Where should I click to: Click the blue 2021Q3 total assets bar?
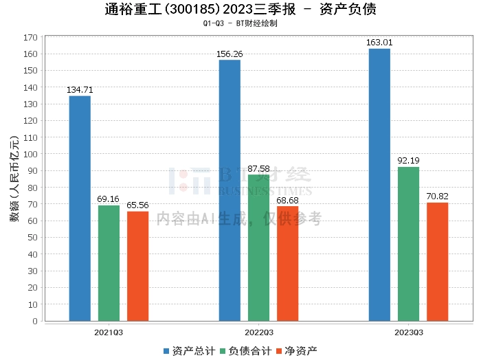pyautogui.click(x=80, y=208)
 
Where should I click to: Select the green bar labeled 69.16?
pyautogui.click(x=109, y=263)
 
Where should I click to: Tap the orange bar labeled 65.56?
pyautogui.click(x=137, y=266)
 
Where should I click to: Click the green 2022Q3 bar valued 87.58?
pyautogui.click(x=258, y=247)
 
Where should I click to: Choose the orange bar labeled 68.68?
pyautogui.click(x=287, y=263)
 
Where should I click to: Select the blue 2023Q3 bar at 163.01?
pyautogui.click(x=379, y=185)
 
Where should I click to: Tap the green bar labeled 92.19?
pyautogui.click(x=408, y=244)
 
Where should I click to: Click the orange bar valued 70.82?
pyautogui.click(x=437, y=262)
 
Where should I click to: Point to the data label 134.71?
pyautogui.click(x=80, y=90)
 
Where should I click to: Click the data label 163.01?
pyautogui.click(x=379, y=43)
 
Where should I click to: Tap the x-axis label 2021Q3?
pyautogui.click(x=109, y=332)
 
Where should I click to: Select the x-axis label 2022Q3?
pyautogui.click(x=258, y=332)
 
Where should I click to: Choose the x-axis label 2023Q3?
pyautogui.click(x=408, y=332)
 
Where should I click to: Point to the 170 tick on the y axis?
pyautogui.click(x=30, y=37)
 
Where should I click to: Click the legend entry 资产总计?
pyautogui.click(x=188, y=350)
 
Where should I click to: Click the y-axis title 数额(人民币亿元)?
pyautogui.click(x=14, y=179)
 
